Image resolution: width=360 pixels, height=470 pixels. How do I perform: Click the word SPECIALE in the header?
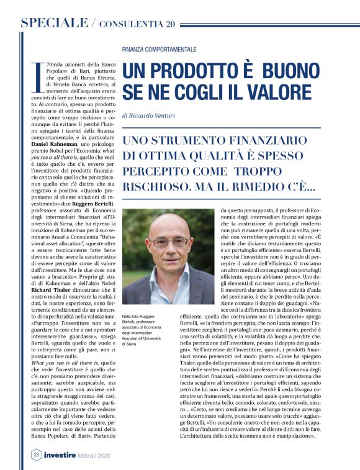pos(54,24)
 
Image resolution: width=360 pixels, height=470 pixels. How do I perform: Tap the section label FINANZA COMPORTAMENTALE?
pos(160,49)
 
